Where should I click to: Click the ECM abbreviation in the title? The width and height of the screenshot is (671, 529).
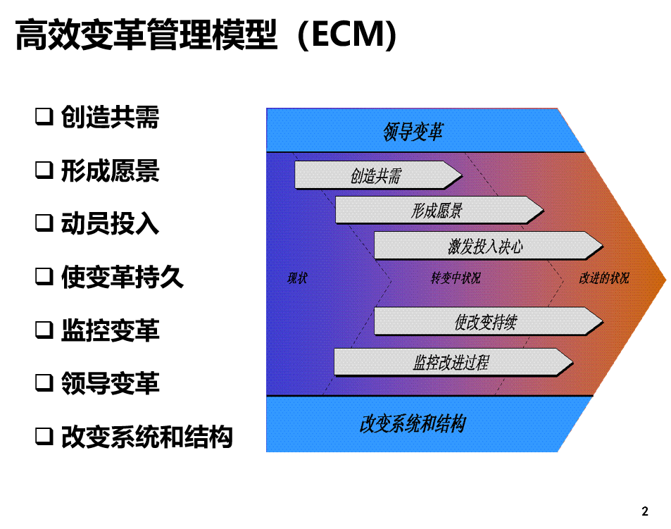point(347,35)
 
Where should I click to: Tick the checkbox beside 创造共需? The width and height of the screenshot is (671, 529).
point(44,116)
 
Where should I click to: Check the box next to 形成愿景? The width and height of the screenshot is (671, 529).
point(44,170)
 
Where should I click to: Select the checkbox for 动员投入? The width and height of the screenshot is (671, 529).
point(44,223)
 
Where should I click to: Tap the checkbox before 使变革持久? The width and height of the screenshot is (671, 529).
point(44,276)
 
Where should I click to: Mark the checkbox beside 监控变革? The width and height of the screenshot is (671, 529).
point(44,330)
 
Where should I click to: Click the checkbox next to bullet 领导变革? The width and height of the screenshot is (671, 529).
point(44,382)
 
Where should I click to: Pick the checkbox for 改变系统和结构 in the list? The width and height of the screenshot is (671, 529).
point(44,436)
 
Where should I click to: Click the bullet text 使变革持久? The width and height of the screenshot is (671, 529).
point(123,277)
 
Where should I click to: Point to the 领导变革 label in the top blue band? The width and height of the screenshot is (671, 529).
point(413,132)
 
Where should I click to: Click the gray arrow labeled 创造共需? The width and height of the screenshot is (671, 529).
point(378,175)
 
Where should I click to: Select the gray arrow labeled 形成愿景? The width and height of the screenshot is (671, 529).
point(439,210)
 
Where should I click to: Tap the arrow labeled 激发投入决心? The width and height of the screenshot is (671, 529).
point(489,246)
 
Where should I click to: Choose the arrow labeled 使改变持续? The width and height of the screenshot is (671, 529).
point(489,321)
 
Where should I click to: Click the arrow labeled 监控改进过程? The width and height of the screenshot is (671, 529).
point(453,362)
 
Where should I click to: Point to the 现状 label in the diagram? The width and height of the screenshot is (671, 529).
point(297,278)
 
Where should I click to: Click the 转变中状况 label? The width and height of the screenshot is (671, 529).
point(456,278)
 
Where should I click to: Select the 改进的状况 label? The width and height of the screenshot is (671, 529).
point(604,278)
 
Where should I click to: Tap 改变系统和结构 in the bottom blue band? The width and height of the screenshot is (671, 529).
point(413,424)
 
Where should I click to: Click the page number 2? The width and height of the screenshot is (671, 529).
point(645,511)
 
